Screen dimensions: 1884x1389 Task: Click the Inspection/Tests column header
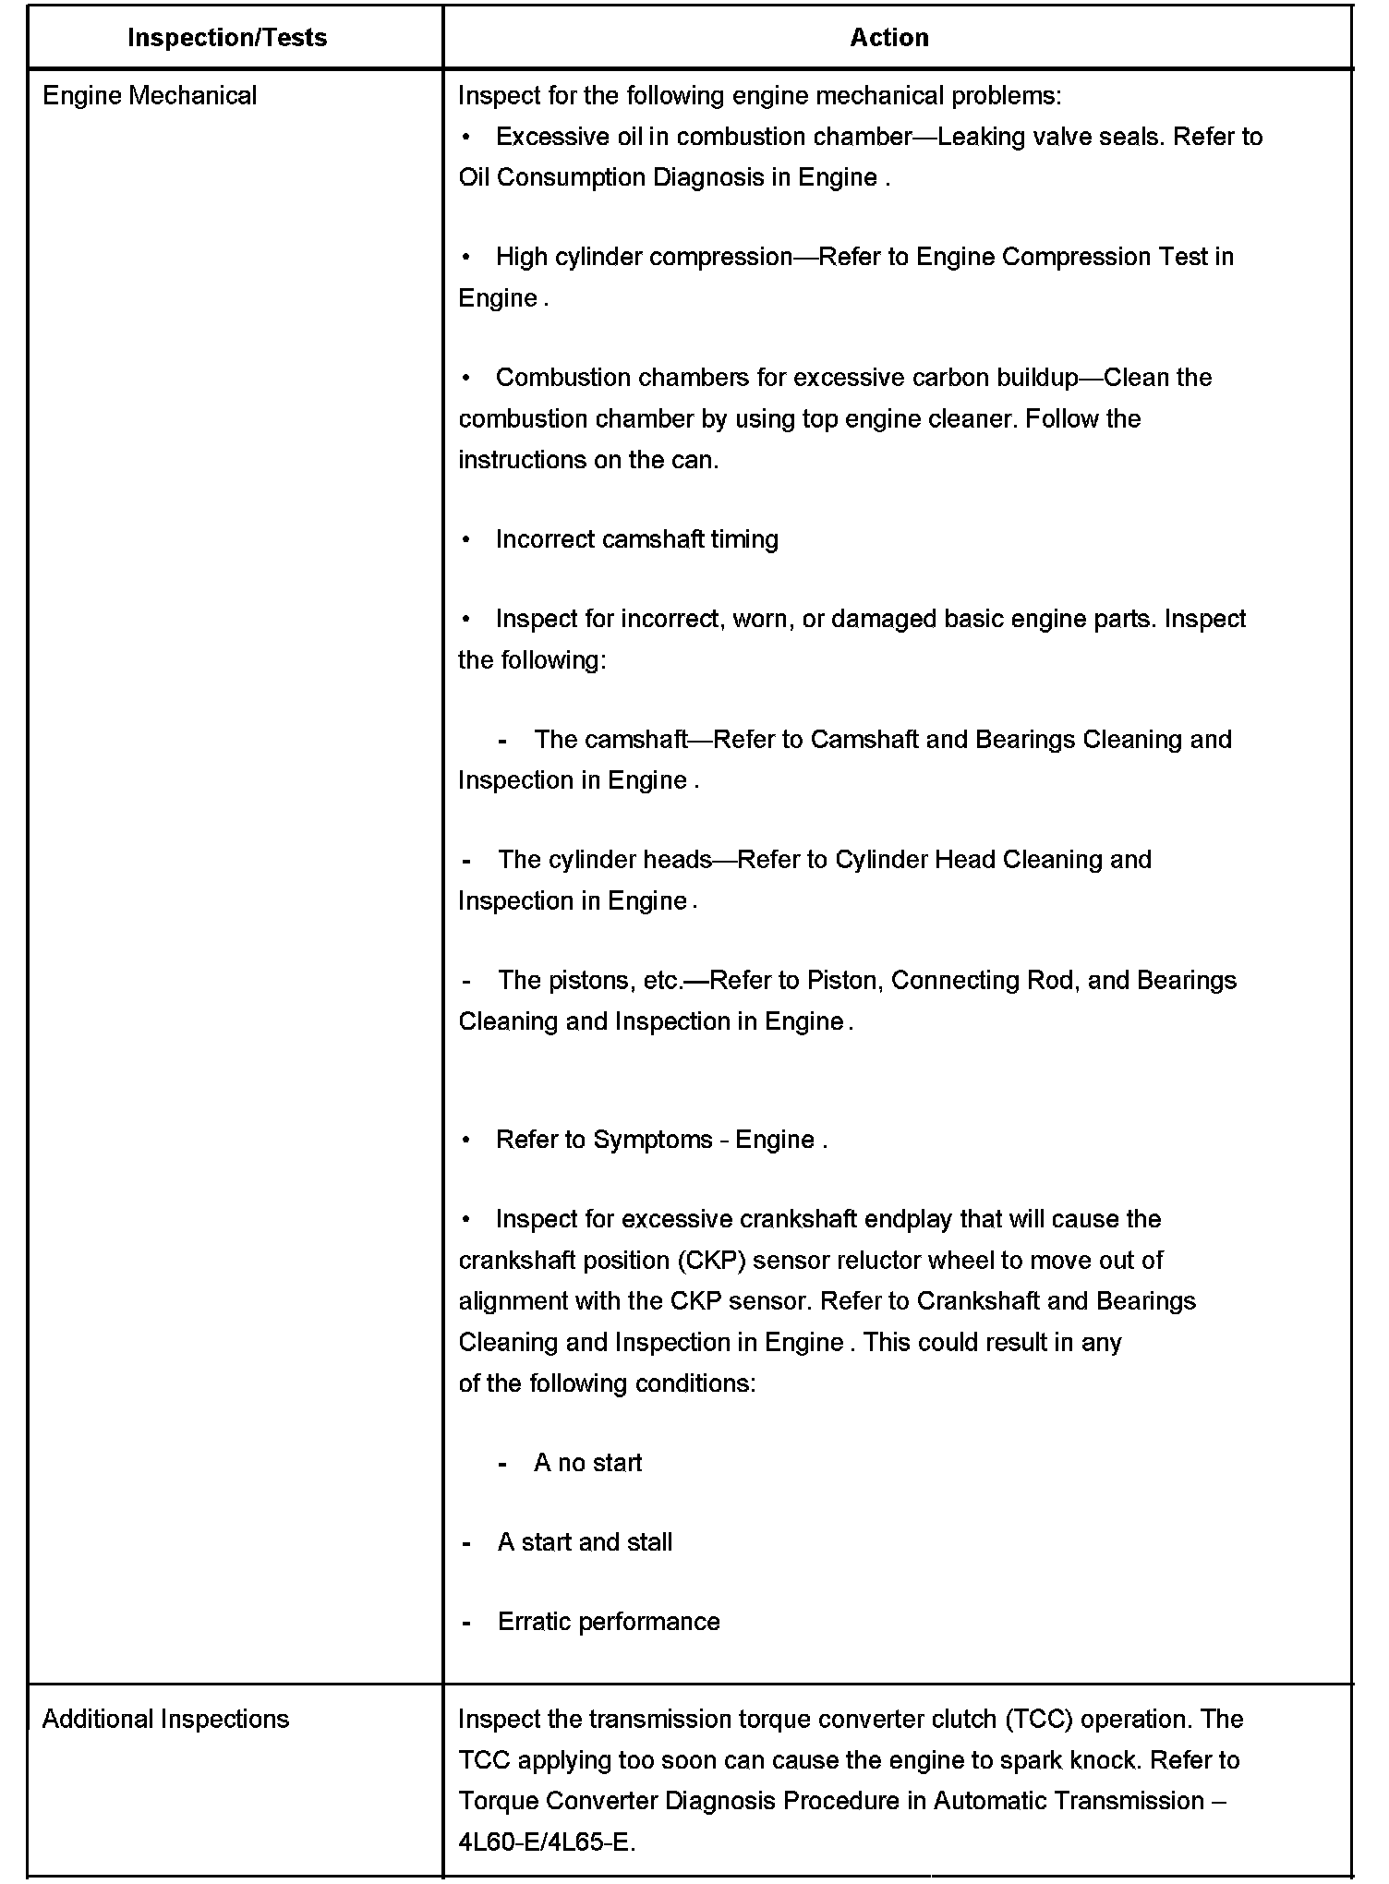[226, 38]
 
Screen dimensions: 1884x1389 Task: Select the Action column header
[888, 38]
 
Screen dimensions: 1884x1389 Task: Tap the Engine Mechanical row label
[150, 96]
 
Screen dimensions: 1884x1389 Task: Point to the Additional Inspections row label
[165, 1719]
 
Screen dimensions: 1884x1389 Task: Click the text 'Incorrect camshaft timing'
[636, 539]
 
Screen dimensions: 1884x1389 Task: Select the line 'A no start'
[587, 1463]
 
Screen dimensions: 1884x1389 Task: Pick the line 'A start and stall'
[585, 1542]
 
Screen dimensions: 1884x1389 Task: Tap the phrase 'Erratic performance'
[609, 1622]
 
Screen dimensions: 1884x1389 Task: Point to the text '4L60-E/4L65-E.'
[547, 1842]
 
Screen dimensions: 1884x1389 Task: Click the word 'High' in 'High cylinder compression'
[521, 257]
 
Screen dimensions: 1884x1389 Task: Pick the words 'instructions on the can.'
[588, 460]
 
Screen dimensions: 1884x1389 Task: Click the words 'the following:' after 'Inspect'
[532, 660]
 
